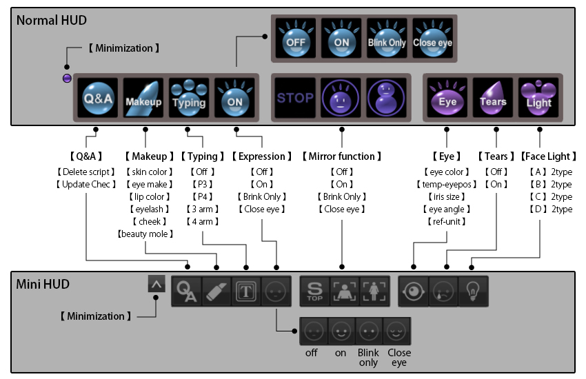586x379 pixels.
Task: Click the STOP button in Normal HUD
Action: coord(295,98)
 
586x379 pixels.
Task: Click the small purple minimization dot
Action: coord(67,78)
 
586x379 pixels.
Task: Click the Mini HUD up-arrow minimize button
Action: coord(156,283)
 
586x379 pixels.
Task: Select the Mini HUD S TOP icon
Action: coord(315,291)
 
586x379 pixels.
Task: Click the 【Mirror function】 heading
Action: coord(342,156)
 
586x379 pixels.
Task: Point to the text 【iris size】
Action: coord(445,196)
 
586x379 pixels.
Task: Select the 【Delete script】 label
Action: coord(86,172)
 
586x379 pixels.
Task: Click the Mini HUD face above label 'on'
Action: coord(341,331)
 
